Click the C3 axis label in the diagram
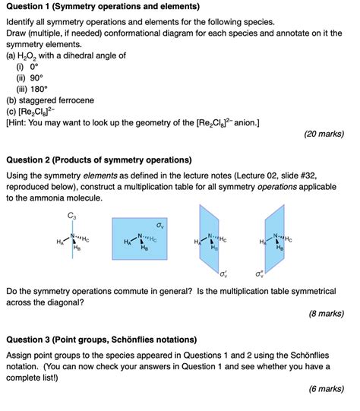tap(72, 216)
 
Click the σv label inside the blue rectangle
tap(159, 226)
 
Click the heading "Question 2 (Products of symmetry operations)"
tap(99, 160)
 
